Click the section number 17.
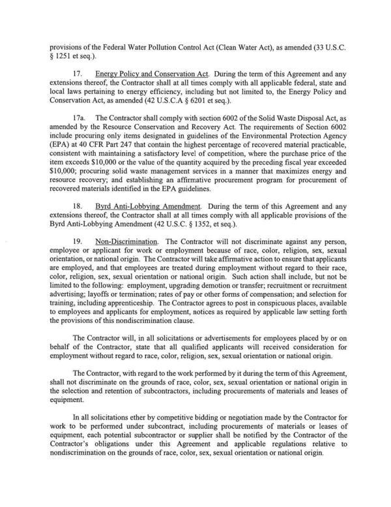(78, 76)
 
